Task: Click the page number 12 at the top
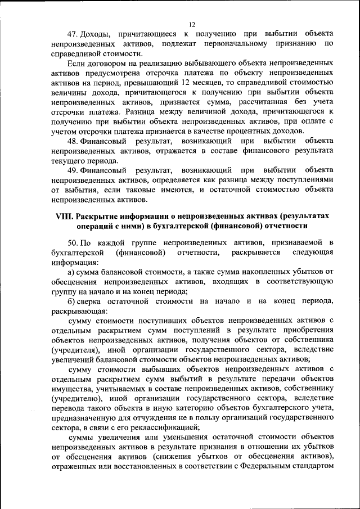(191, 24)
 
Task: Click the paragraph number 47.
(71, 34)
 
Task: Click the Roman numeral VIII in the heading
(64, 217)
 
